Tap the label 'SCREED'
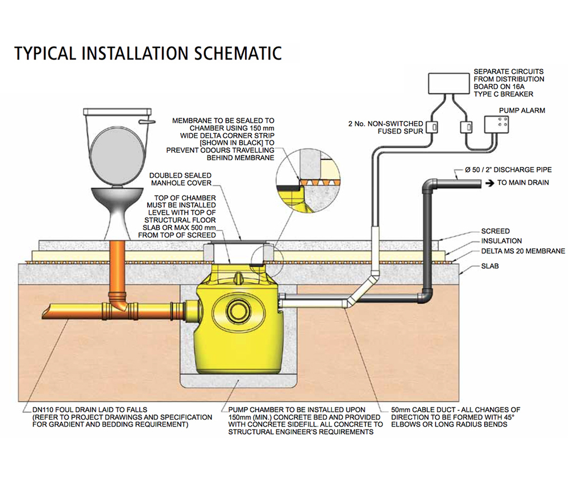pos(495,231)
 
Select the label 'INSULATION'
pos(501,241)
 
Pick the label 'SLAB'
pos(490,266)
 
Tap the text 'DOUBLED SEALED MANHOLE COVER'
pos(180,179)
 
